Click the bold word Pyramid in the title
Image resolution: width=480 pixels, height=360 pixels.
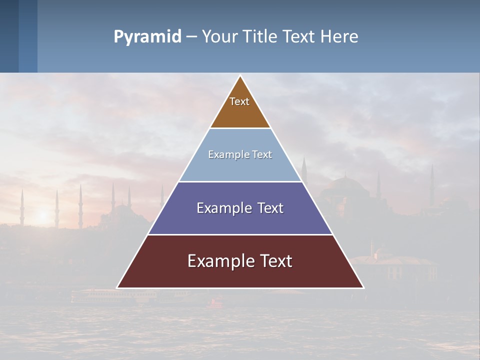pyautogui.click(x=147, y=37)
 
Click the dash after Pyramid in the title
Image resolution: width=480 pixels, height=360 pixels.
pyautogui.click(x=191, y=37)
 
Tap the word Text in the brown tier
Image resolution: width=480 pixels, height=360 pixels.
pyautogui.click(x=239, y=101)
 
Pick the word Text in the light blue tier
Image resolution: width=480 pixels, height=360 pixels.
pyautogui.click(x=262, y=154)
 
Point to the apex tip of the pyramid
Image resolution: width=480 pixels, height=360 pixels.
pyautogui.click(x=240, y=76)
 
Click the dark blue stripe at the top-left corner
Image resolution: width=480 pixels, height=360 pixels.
pyautogui.click(x=9, y=36)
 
